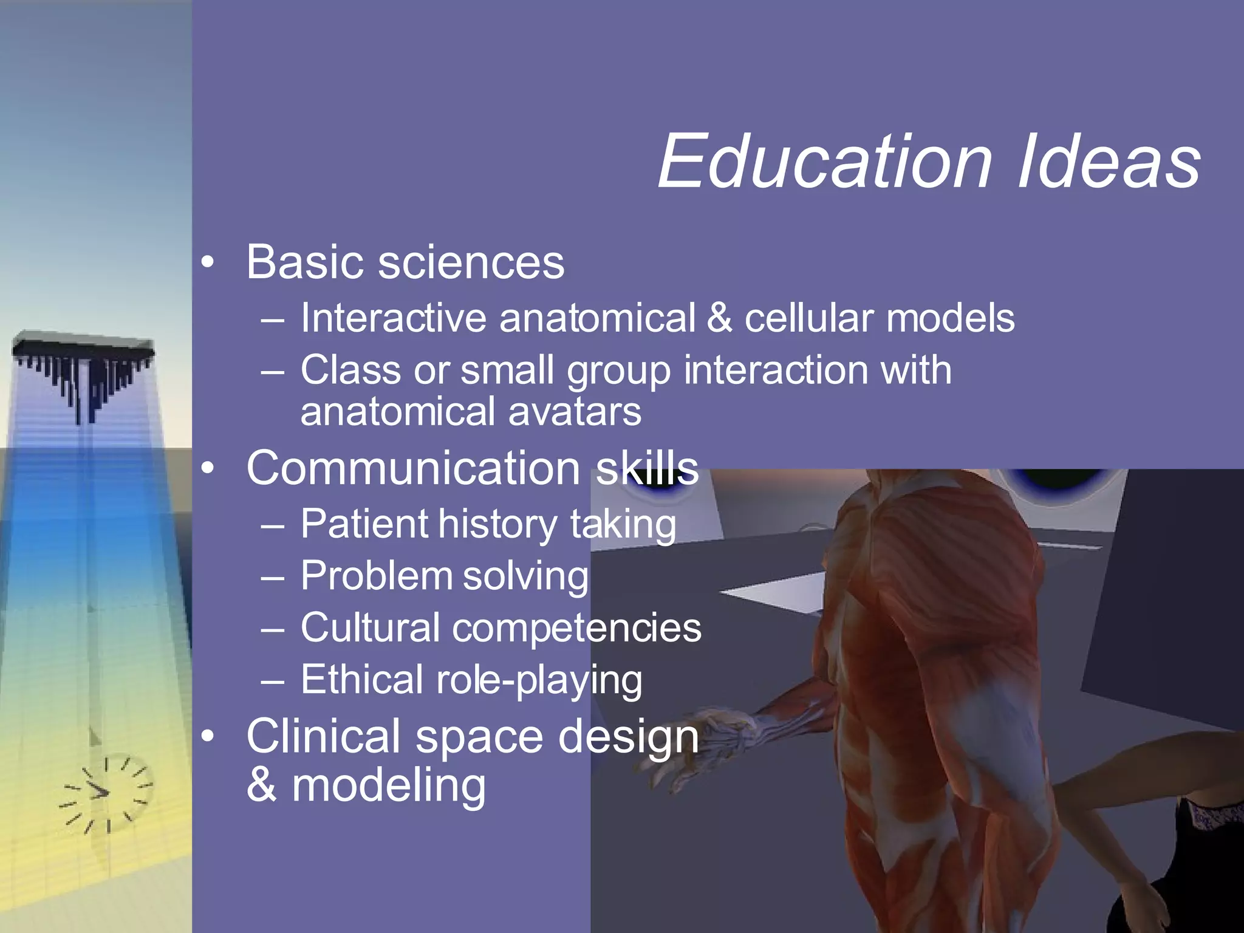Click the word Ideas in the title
(1109, 162)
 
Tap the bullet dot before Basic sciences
(208, 263)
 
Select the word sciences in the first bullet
(471, 263)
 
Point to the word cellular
(809, 318)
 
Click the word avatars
(575, 412)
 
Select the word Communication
(413, 468)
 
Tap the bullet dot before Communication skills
(208, 469)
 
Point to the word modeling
(389, 786)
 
